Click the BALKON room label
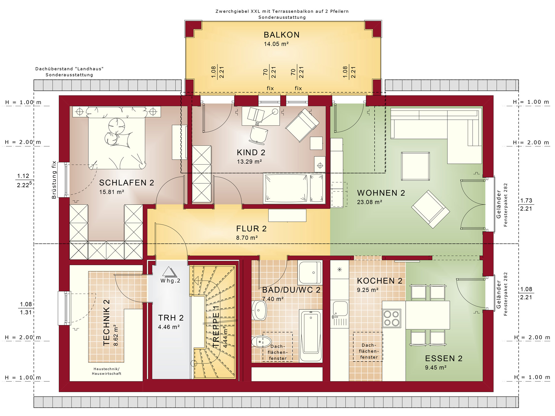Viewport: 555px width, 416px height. point(282,35)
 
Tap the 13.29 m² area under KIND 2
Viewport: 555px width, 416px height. point(249,162)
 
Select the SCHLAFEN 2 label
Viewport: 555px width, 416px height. point(127,183)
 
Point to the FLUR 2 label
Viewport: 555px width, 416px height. point(251,229)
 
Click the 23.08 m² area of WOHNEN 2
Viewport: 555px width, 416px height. point(369,202)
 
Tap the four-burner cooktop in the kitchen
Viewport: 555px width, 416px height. point(391,318)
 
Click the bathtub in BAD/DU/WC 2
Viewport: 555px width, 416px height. point(311,336)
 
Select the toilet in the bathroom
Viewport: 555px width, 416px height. point(261,342)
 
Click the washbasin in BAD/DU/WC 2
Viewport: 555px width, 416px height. point(259,310)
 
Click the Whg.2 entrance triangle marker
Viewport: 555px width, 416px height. point(169,272)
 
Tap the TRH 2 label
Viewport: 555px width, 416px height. point(171,318)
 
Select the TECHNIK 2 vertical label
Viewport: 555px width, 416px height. point(107,323)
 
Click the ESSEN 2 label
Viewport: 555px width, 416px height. point(444,359)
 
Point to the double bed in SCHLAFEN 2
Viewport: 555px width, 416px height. point(117,138)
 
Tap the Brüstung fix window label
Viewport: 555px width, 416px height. point(54,180)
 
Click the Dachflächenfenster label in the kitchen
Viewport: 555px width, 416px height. point(369,351)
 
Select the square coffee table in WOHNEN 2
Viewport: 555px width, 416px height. point(415,166)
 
